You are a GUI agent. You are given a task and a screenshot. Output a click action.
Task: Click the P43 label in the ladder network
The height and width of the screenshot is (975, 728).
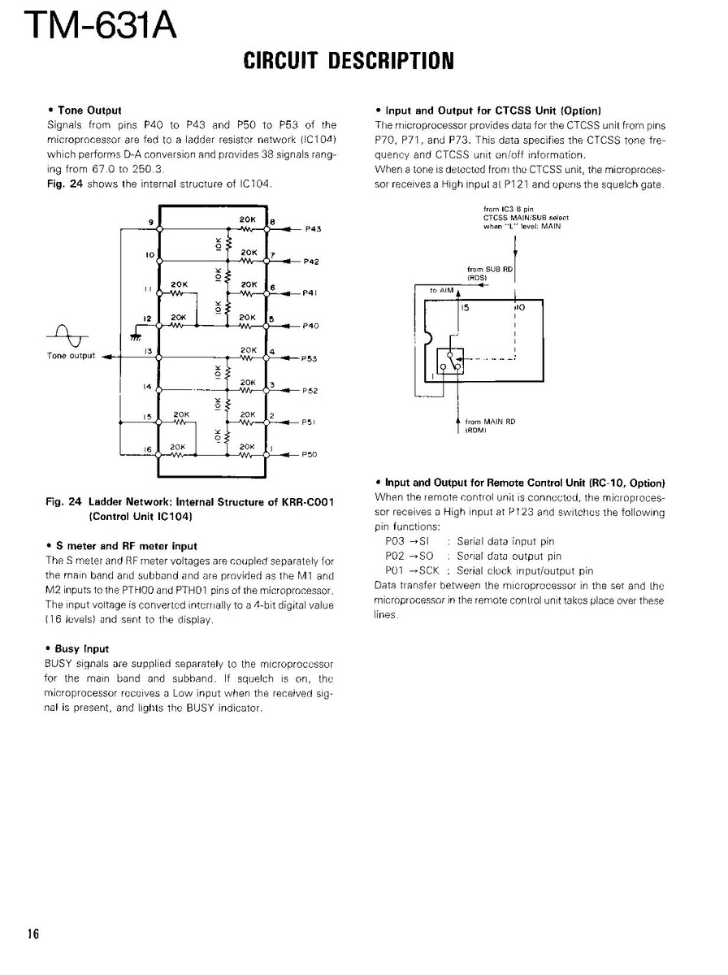click(x=314, y=229)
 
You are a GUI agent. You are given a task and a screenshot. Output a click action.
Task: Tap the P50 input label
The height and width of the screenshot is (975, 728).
click(x=309, y=455)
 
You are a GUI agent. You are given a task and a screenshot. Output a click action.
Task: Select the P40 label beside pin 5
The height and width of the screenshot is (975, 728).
click(x=310, y=326)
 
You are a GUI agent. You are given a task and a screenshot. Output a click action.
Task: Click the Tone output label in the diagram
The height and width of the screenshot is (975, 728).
click(x=71, y=356)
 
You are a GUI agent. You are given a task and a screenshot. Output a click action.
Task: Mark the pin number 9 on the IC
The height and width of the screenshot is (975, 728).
click(x=149, y=223)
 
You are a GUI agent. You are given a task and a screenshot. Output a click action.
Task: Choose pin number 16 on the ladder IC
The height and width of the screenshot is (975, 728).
click(x=148, y=448)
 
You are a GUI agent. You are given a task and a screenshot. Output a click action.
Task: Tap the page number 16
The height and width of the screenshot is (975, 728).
click(x=32, y=933)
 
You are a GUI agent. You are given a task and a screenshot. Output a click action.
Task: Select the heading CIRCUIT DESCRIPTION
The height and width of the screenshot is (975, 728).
click(x=347, y=60)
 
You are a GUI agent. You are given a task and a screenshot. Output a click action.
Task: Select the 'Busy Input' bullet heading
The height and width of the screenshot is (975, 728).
click(x=81, y=649)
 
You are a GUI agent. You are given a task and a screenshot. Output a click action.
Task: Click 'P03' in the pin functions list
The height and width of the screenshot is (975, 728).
click(x=395, y=541)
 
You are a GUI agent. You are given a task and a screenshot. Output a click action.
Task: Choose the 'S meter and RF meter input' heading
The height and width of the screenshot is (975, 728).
click(x=126, y=546)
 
